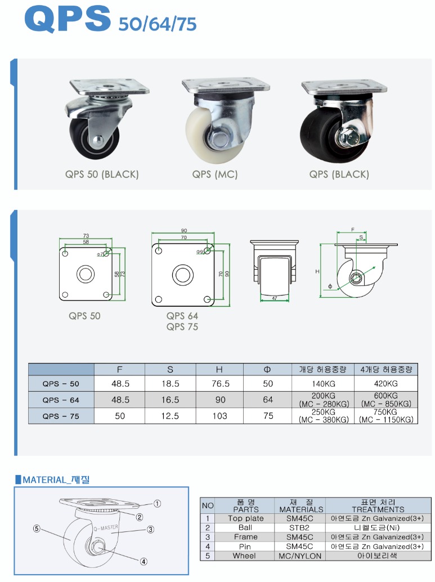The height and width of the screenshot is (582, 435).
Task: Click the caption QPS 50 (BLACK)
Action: [102, 174]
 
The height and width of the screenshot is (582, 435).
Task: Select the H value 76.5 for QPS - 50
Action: [220, 383]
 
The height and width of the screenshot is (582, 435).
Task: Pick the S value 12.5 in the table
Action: [170, 416]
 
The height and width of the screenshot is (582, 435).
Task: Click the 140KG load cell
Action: [323, 384]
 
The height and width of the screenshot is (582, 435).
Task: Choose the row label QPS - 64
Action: [61, 400]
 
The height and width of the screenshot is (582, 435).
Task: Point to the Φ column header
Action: [267, 369]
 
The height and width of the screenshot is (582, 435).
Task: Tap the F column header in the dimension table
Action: [119, 369]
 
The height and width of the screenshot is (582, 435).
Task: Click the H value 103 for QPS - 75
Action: [219, 416]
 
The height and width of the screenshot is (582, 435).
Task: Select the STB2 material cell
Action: [299, 527]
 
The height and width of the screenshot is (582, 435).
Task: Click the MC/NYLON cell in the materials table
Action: [300, 556]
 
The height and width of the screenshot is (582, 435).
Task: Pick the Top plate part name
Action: [246, 518]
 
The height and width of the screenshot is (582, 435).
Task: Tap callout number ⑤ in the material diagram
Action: [37, 529]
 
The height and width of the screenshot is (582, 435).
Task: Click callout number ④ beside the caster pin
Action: [143, 562]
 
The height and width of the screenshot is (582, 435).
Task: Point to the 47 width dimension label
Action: [275, 298]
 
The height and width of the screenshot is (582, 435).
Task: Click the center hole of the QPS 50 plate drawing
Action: [86, 274]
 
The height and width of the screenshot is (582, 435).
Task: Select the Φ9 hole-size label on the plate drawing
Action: [200, 252]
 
